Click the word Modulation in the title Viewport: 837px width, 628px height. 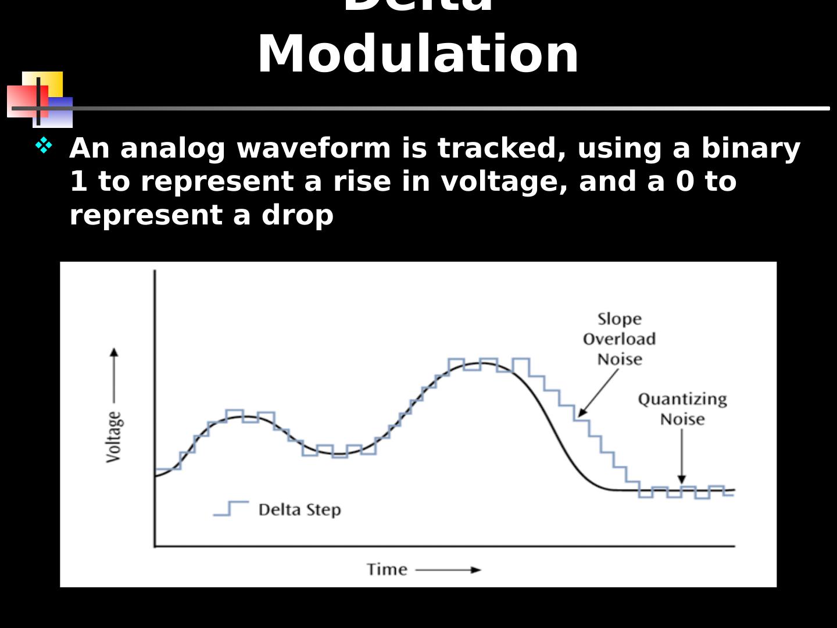[418, 54]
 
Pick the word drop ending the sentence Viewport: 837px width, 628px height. [297, 215]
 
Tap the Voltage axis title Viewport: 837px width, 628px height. [115, 437]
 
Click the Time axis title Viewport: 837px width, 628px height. [387, 569]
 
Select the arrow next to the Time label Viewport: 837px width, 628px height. [449, 570]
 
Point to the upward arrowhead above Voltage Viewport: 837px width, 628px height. [114, 352]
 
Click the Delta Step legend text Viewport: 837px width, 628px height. [299, 510]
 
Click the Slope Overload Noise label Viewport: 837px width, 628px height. [619, 339]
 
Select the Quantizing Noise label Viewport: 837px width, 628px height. [682, 409]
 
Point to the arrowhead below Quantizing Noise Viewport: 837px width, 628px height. [682, 479]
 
